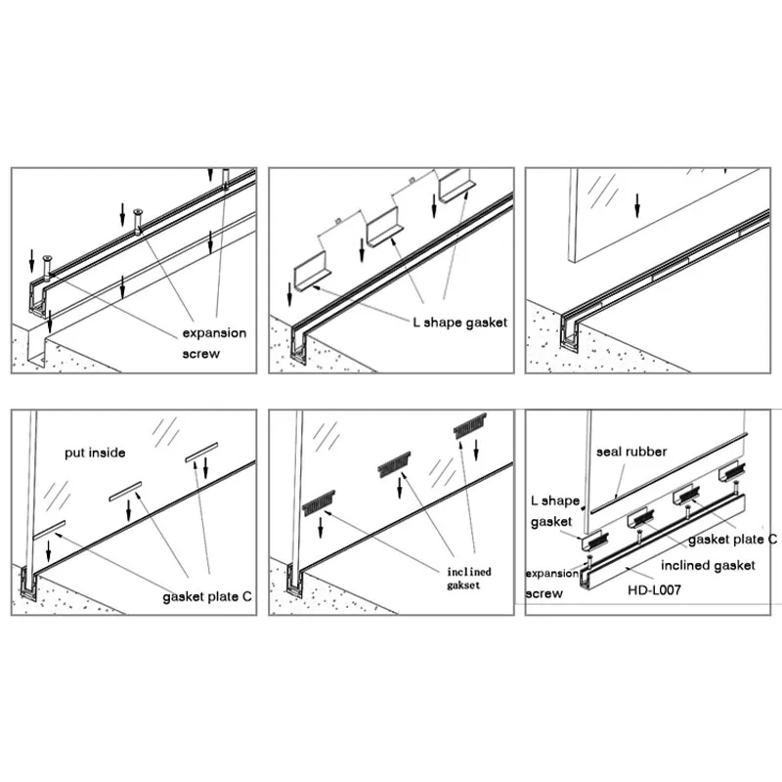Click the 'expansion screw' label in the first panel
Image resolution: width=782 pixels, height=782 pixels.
pos(214,343)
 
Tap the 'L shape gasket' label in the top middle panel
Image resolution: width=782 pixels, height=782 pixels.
pos(459,323)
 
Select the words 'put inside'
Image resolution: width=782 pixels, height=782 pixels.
pos(95,453)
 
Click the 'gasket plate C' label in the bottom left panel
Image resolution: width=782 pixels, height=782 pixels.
pos(207,596)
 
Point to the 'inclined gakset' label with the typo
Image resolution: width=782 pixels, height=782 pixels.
pos(469,578)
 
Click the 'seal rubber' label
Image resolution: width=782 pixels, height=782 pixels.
pos(631,452)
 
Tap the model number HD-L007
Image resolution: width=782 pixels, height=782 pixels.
pos(654,590)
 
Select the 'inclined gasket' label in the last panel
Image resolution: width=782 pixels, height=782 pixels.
pos(708,565)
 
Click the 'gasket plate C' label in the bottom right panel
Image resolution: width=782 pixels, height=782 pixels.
pos(732,540)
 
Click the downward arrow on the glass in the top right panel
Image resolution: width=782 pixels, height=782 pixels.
pos(636,205)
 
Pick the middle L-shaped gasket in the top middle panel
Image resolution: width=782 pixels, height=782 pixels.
pos(384,229)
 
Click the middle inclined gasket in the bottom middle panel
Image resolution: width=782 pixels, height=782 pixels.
pos(394,464)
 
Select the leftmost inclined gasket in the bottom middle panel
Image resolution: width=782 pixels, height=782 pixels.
pos(319,503)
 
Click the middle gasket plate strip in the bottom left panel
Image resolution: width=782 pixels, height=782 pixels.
pos(125,492)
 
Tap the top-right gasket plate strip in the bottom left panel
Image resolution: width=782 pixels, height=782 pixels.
pos(202,452)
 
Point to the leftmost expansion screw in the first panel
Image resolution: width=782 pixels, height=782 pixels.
pos(48,268)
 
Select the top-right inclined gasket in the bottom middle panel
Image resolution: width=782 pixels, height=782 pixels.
pos(470,425)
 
